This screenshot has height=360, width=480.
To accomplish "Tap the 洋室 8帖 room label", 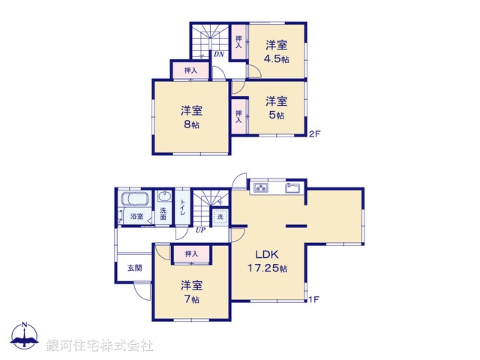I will click(190, 117).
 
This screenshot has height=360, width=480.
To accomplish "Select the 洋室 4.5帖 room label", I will click(276, 51).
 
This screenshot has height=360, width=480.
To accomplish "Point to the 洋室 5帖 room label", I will click(276, 108).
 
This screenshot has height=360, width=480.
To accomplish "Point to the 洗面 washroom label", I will click(164, 214).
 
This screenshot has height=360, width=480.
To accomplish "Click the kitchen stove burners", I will click(261, 187).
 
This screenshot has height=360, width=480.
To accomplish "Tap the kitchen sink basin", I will click(292, 187).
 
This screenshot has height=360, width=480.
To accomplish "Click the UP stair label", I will click(200, 230).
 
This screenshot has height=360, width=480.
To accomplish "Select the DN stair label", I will click(217, 55).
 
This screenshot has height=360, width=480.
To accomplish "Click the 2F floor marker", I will click(315, 134).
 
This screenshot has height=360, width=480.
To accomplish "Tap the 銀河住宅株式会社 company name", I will click(100, 346).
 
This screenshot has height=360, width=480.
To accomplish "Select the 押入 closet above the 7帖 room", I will click(190, 254).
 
